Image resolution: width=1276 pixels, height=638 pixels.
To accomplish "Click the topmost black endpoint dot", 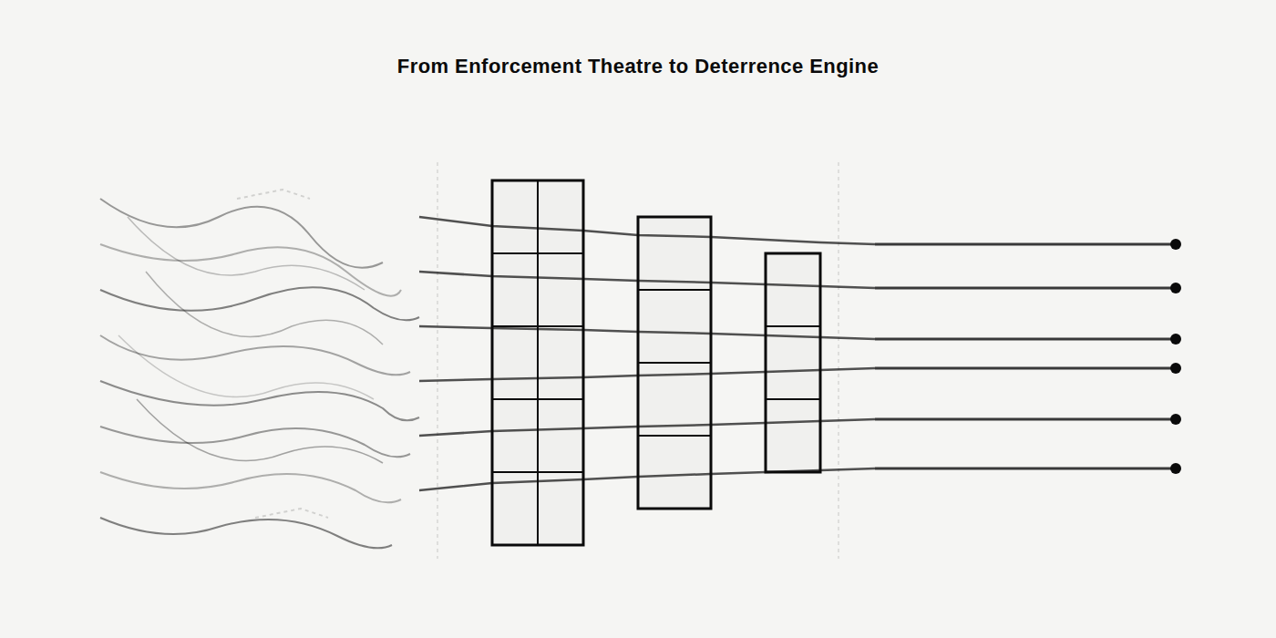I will coord(1176,244).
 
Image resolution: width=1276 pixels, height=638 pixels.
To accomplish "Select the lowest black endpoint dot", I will coord(1176,468).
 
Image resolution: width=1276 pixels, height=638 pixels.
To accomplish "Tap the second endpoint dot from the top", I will coord(1176,288).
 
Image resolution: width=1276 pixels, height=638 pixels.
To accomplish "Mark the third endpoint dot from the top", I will coord(1176,339).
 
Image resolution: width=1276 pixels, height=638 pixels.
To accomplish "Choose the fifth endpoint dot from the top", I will coord(1176,419).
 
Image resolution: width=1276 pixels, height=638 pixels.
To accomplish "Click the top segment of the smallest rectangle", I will coord(793,290).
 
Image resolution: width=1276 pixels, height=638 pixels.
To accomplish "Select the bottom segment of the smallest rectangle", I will coord(793,436).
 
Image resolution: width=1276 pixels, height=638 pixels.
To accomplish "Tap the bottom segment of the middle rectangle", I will coord(674,472).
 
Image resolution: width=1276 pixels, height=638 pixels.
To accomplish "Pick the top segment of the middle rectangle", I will coord(674,253).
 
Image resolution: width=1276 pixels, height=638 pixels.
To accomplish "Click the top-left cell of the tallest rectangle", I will coord(515,217).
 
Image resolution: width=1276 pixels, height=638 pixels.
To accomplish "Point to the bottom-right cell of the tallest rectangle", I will coord(561,509).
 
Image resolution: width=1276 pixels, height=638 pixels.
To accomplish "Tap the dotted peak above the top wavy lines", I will coord(282,190).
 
